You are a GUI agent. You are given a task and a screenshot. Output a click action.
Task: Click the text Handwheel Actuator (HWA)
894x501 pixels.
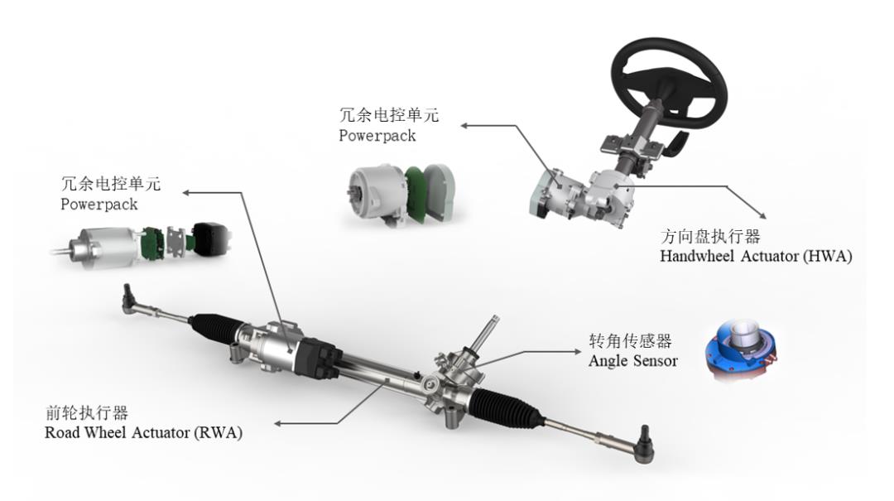(756, 256)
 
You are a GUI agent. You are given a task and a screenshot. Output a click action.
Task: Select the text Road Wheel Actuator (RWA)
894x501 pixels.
(143, 432)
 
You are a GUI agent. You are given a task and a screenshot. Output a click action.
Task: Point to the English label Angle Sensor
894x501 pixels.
(633, 360)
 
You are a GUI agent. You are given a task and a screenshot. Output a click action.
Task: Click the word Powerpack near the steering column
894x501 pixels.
(377, 136)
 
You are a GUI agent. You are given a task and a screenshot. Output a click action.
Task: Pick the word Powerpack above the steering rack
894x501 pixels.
(99, 205)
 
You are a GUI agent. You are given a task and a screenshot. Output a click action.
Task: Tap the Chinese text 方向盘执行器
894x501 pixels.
(710, 236)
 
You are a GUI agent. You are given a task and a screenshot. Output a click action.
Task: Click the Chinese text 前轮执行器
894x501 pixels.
(87, 412)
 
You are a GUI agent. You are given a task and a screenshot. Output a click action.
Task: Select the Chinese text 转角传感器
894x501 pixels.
(630, 340)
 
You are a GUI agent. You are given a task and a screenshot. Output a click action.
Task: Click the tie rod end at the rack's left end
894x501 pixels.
(129, 298)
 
